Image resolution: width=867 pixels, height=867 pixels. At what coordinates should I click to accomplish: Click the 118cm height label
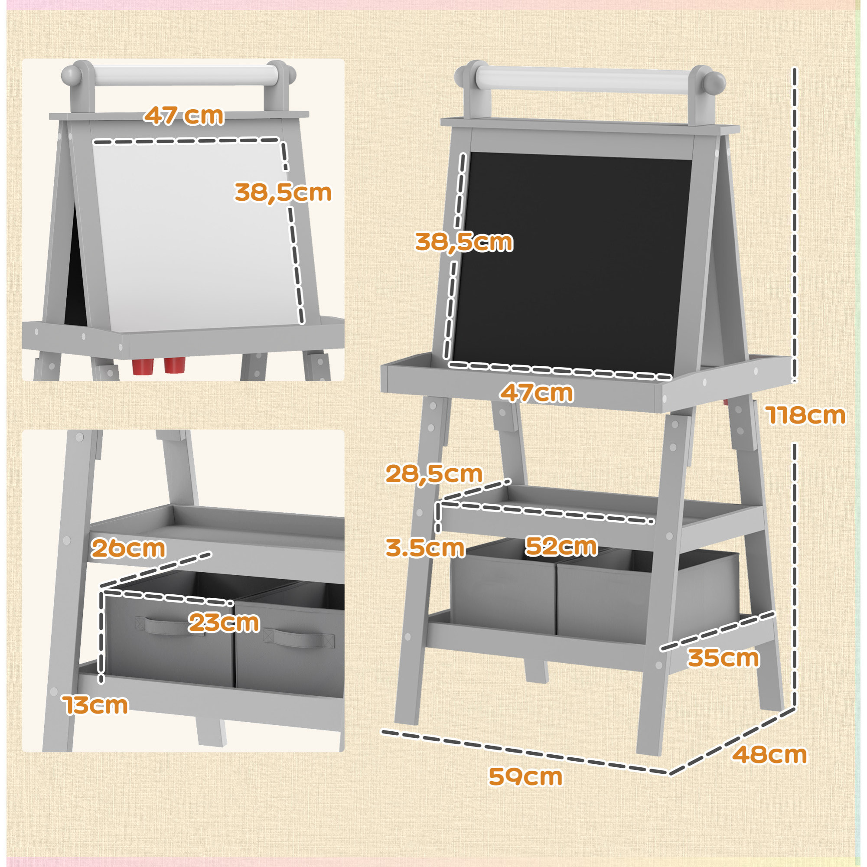point(805,415)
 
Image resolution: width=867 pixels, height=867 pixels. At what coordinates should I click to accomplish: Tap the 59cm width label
point(525,777)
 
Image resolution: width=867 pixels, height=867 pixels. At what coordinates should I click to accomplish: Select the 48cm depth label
point(769,755)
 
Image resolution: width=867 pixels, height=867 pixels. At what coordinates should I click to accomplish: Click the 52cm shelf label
point(561,546)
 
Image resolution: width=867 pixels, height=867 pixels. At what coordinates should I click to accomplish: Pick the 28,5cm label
point(433,474)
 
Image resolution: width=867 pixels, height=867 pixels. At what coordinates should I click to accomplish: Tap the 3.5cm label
point(424,548)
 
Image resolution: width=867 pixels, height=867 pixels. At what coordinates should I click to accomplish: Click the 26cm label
point(128,548)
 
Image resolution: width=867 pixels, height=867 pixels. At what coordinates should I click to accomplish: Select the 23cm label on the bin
point(224,623)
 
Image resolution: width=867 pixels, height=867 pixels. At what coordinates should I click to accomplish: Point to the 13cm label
point(95,705)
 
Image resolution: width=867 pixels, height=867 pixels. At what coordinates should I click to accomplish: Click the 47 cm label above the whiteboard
point(183,116)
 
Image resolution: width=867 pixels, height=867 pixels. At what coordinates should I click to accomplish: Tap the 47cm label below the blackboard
point(536,393)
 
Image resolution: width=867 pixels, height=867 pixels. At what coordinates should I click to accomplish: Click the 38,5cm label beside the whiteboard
point(283,192)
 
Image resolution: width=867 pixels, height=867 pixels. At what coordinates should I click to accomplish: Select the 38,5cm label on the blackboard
point(463,242)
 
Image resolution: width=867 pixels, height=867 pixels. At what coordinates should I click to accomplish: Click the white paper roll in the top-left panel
point(184,74)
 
